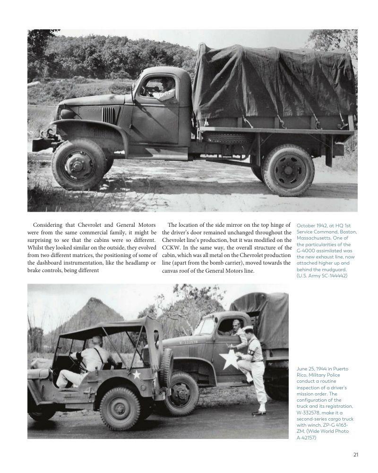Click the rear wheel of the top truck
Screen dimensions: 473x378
pyautogui.click(x=288, y=170)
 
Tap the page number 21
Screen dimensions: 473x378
pyautogui.click(x=355, y=455)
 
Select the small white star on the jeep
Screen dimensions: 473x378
pyautogui.click(x=137, y=375)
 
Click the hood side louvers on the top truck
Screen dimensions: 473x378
pyautogui.click(x=108, y=114)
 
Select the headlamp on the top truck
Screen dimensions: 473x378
pyautogui.click(x=67, y=114)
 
